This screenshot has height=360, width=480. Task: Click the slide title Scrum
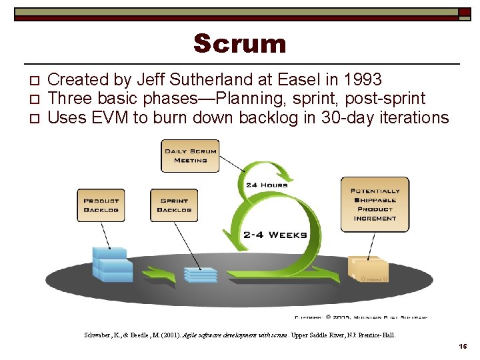click(x=240, y=44)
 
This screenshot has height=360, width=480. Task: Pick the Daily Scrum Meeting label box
click(x=191, y=155)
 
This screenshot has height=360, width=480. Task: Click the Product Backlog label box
click(x=101, y=205)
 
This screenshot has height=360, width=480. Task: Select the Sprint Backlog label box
click(x=174, y=205)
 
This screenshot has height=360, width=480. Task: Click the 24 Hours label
click(x=267, y=185)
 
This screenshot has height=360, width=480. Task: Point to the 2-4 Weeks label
click(x=275, y=235)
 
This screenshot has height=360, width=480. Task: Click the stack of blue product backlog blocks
click(x=111, y=264)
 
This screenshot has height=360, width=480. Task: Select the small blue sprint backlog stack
click(x=201, y=274)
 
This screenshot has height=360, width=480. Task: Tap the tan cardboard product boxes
click(x=368, y=269)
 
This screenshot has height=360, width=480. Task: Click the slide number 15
click(x=463, y=347)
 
